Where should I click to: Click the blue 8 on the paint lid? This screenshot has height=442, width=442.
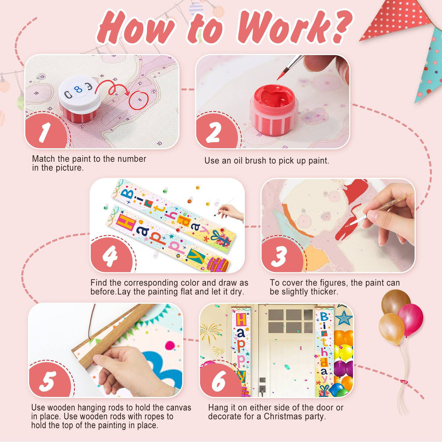(x=78, y=89)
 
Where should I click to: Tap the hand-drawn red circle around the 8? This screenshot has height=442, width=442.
(x=138, y=100)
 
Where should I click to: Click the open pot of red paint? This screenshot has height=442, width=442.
(x=274, y=110)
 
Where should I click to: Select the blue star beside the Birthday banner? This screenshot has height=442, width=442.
(x=344, y=318)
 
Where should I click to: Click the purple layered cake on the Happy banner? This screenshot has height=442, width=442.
(x=218, y=264)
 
